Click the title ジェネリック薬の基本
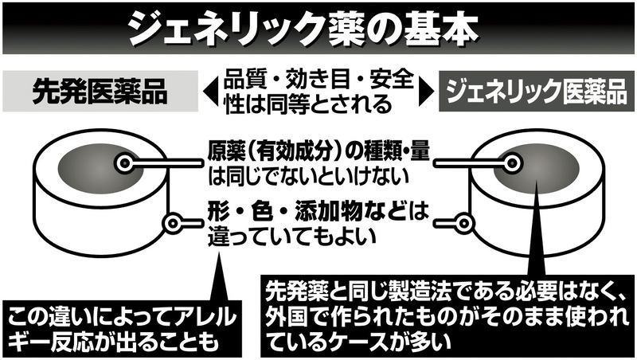coord(318,27)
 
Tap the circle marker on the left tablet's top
coord(124,163)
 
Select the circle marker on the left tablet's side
coord(170,223)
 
